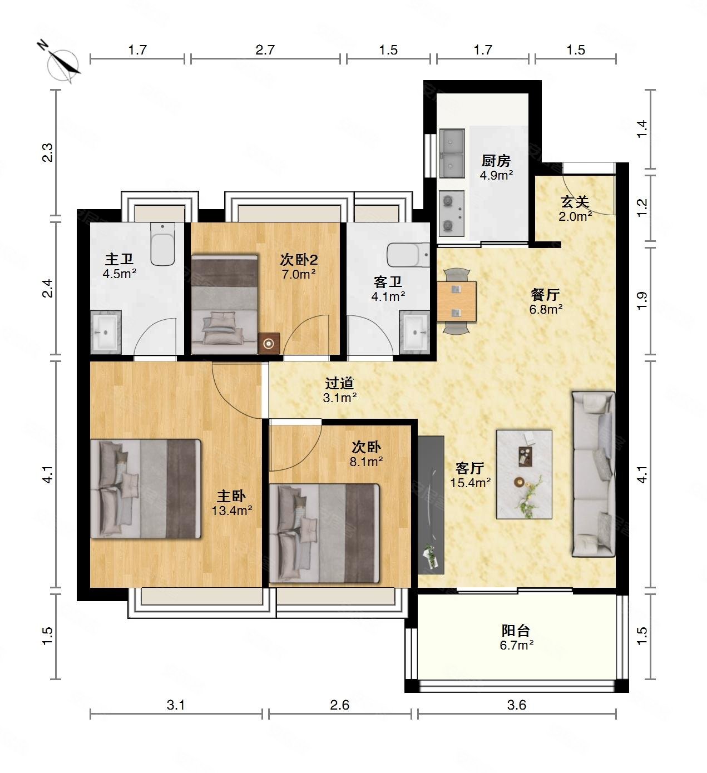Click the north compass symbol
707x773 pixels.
tap(61, 64)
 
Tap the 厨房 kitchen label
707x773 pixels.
tap(496, 161)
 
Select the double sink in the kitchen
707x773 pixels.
tap(452, 153)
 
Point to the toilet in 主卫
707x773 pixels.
tap(162, 244)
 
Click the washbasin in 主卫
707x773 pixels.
tap(106, 332)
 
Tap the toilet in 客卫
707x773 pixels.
tap(408, 255)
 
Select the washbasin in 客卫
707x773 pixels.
tap(415, 332)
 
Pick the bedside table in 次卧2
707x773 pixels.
tap(269, 343)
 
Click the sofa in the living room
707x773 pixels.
tap(594, 474)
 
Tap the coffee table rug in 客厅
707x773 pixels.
tap(524, 474)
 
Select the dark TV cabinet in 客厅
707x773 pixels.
tap(431, 505)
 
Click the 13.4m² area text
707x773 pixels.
tap(232, 511)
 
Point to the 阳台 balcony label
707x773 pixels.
tap(516, 631)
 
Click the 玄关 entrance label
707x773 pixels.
tap(575, 202)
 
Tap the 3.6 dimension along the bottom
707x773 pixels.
tap(517, 705)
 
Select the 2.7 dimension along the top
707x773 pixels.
tap(265, 50)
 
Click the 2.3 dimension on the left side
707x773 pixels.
tap(47, 152)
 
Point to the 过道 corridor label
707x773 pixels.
tap(339, 383)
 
